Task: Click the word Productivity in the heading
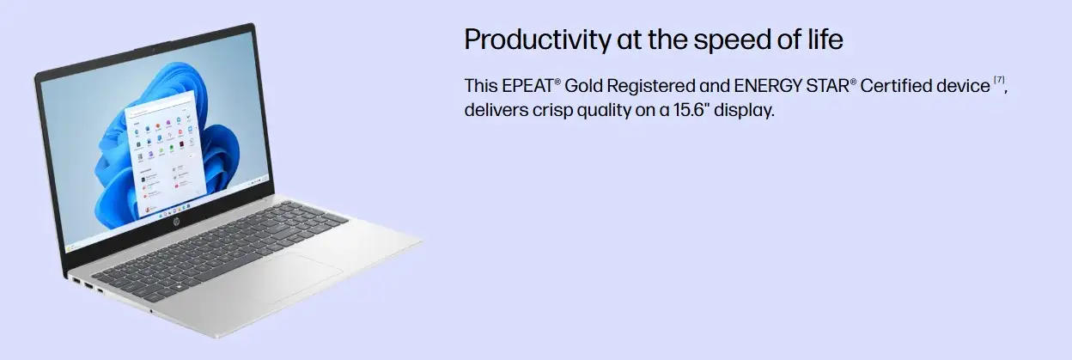538,40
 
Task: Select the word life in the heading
825,39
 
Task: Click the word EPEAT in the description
528,86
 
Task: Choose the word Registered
651,87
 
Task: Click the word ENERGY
768,86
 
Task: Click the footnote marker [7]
999,80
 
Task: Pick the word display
744,111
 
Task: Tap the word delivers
496,110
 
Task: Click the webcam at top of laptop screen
153,49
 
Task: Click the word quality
604,111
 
